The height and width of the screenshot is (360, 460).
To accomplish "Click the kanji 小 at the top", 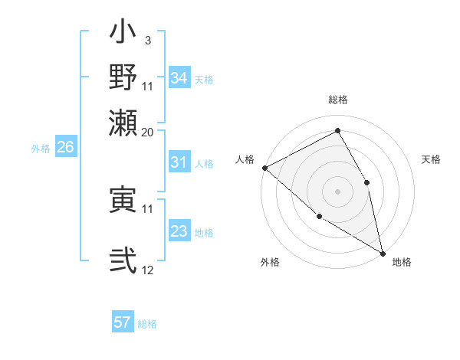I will coord(123,35).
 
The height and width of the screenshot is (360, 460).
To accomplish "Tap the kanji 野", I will coord(123,77).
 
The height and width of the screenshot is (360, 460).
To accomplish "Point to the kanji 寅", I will coord(123,200).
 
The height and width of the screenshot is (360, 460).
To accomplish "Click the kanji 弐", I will coord(123,260).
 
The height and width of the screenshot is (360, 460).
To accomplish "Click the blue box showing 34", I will coord(179,78).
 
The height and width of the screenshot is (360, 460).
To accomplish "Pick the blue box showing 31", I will coord(179,163).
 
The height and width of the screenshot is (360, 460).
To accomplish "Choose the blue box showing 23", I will coord(179,232).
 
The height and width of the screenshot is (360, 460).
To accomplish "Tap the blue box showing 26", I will coord(65,148).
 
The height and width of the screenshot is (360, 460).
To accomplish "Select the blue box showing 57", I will coord(123,322).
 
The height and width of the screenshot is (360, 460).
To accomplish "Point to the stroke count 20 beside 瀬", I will coord(148,132).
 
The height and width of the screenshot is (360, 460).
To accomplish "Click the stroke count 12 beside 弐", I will coord(148,270).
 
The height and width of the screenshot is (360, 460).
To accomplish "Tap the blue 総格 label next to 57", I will coord(147,324).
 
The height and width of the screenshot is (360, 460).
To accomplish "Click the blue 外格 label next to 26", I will coord(41,149).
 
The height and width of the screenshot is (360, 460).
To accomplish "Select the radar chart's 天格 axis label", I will coord(431,159).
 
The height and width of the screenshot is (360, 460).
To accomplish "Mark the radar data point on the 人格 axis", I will coord(264,168).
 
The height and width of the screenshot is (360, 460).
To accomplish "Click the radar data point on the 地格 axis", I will coord(382,252).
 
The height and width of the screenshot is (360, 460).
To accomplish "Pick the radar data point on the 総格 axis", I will coord(337,131).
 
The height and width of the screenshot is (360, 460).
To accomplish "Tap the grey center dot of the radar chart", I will coord(337,191).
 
